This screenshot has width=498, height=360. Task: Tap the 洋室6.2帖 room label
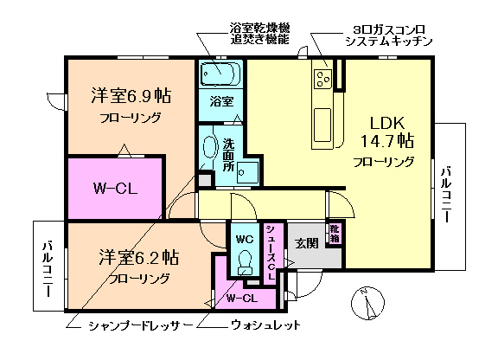pyautogui.click(x=138, y=257)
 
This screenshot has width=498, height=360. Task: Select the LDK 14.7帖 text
pyautogui.click(x=386, y=130)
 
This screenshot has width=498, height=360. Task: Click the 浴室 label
pyautogui.click(x=222, y=101)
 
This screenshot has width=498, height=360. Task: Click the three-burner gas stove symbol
pyautogui.click(x=323, y=80)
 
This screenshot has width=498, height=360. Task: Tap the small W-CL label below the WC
pyautogui.click(x=242, y=299)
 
